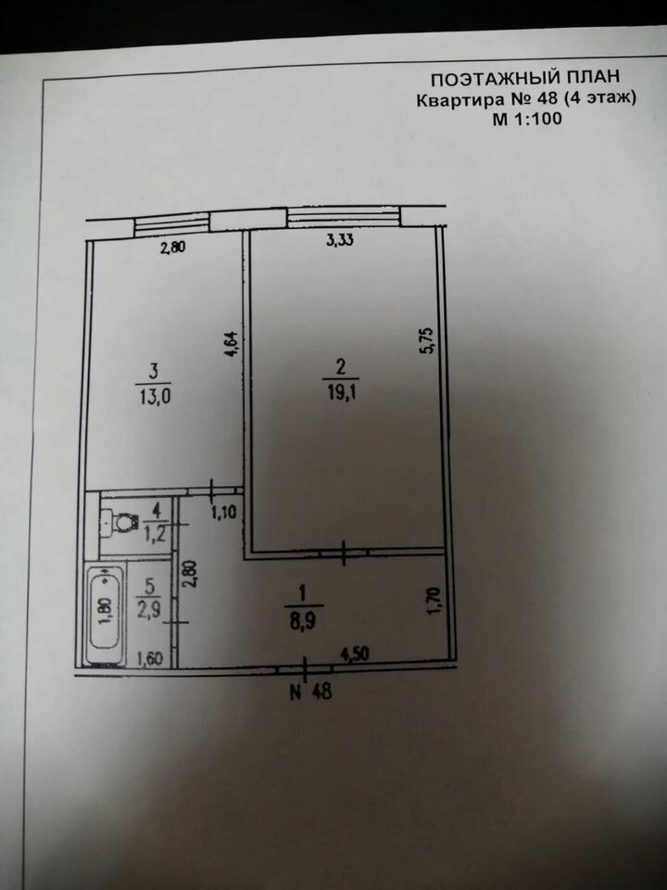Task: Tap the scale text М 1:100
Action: [x=524, y=118]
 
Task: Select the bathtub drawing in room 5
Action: [x=104, y=615]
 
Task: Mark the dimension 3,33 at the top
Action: [x=341, y=241]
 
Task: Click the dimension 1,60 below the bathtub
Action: [x=150, y=659]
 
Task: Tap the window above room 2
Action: [x=341, y=219]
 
